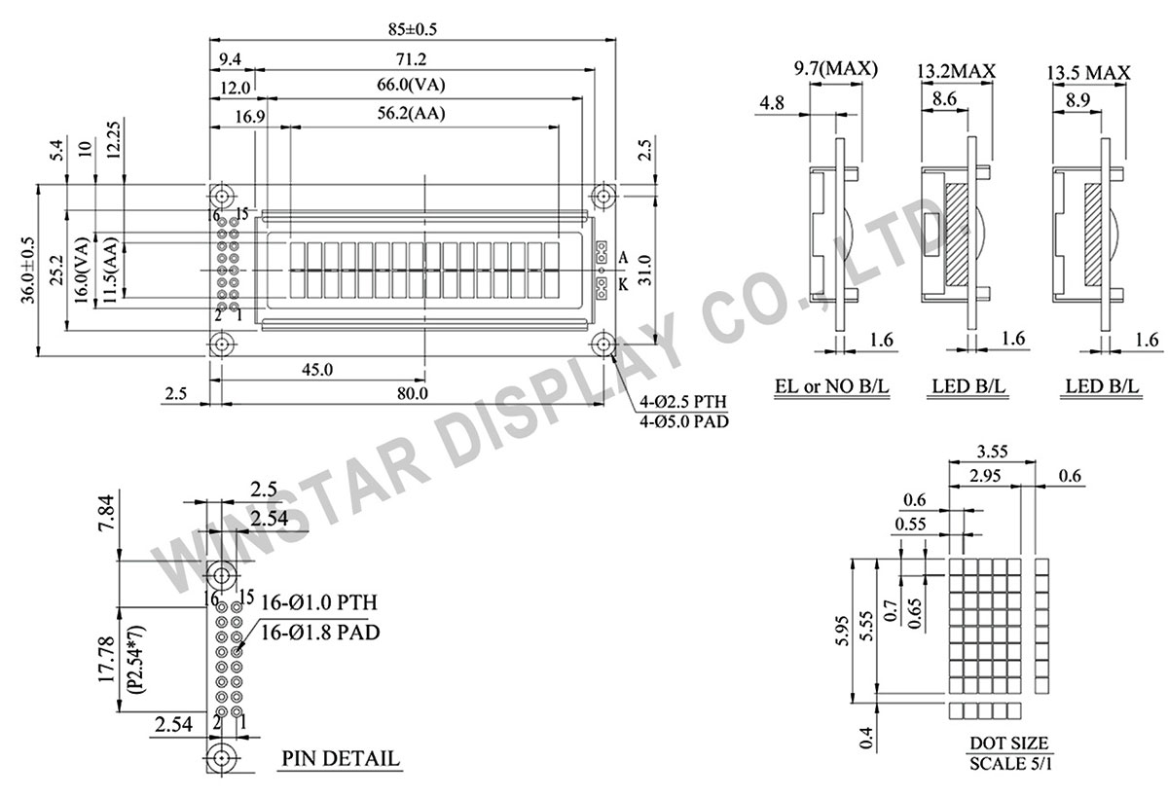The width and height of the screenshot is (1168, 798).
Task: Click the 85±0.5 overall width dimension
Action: (x=413, y=29)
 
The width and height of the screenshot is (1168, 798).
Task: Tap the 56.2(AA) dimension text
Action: (x=414, y=114)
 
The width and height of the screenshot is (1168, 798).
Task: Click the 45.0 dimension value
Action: (x=317, y=369)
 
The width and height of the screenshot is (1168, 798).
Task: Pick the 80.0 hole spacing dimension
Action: (x=413, y=393)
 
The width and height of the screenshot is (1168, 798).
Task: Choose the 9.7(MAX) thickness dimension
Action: (x=835, y=69)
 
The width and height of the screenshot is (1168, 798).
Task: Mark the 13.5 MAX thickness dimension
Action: (x=1088, y=73)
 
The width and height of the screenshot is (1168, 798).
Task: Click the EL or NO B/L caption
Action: (x=831, y=387)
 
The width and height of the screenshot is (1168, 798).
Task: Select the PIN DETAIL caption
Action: (x=340, y=758)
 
